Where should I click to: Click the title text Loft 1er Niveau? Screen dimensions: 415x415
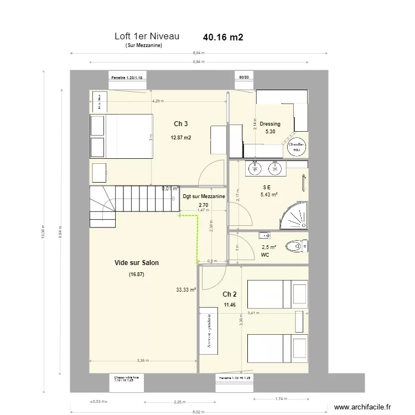pos(147,37)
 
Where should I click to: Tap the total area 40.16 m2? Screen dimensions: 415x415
pos(223,38)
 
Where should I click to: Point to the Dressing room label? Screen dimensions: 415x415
pos(270,124)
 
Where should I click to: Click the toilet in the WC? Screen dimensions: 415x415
pos(297,246)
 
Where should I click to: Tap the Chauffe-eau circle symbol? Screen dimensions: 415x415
pos(297,146)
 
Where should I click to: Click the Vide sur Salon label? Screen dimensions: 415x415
pos(136,263)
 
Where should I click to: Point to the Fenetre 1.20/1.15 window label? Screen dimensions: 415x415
pos(127,79)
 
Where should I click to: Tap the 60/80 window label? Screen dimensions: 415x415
pos(244,79)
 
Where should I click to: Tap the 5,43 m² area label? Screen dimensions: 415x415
pos(269,195)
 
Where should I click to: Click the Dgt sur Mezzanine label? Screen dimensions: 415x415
pos(204,196)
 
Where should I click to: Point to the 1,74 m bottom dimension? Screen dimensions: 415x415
pos(281,398)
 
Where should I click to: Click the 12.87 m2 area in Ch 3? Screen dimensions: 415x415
pos(181,138)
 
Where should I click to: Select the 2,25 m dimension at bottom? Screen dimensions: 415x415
pos(179,403)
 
